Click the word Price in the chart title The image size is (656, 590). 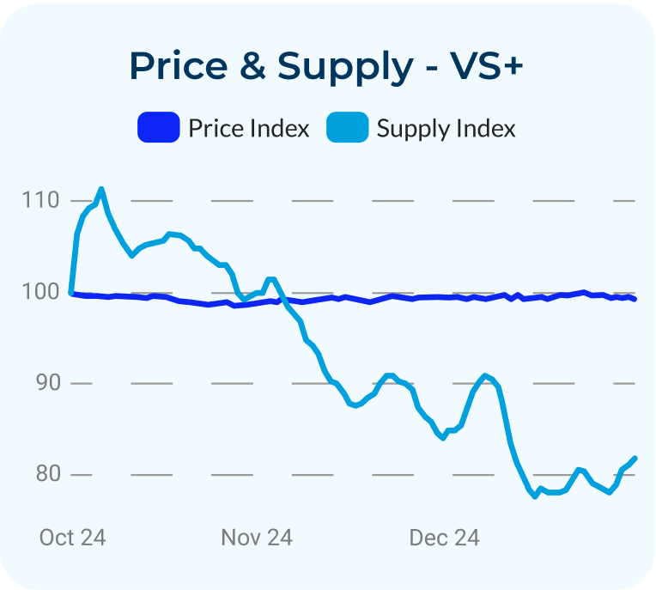178,66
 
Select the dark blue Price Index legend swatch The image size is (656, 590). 159,129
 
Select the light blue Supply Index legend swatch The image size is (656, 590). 348,129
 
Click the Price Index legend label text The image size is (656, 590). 249,129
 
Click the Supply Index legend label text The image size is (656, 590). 446,129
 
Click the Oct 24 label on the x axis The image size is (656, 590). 73,538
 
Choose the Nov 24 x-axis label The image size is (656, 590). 257,538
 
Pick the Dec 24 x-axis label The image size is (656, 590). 444,538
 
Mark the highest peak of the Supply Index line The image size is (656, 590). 101,189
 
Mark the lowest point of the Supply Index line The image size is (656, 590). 535,496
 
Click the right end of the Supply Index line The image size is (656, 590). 635,459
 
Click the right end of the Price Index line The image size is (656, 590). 635,299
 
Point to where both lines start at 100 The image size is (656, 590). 70,293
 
